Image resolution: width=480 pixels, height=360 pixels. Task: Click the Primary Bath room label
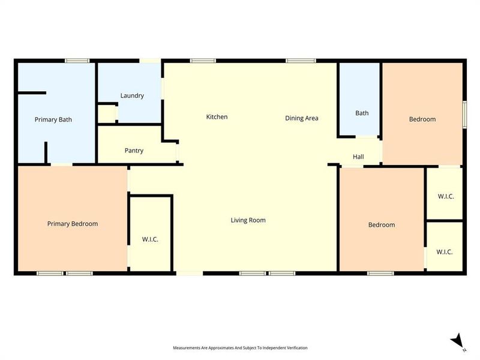click(x=53, y=119)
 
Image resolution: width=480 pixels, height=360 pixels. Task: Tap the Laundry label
click(x=132, y=95)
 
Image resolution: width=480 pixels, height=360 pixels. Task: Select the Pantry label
click(x=134, y=151)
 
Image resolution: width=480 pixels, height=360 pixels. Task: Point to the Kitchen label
click(x=217, y=117)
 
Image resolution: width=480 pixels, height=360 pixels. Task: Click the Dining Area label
click(x=301, y=118)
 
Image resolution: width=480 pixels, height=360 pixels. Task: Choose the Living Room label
click(x=248, y=220)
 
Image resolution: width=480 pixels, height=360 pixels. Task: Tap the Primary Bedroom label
click(x=73, y=224)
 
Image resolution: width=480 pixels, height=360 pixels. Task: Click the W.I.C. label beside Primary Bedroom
click(x=150, y=239)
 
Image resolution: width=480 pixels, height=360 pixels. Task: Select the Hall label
click(x=358, y=157)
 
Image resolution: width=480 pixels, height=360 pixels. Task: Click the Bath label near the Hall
click(x=362, y=113)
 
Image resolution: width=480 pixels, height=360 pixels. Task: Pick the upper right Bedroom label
click(x=422, y=119)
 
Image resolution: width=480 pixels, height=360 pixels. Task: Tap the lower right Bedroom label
click(x=382, y=225)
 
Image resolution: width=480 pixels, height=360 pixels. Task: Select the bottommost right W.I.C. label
click(x=444, y=252)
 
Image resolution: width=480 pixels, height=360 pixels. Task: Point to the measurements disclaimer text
click(x=240, y=348)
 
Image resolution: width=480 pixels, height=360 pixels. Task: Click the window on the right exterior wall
click(x=464, y=113)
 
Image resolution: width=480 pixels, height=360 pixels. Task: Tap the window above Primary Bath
click(x=77, y=60)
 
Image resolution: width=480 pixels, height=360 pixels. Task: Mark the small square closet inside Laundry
click(x=106, y=113)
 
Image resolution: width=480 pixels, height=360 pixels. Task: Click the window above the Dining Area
click(x=301, y=60)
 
